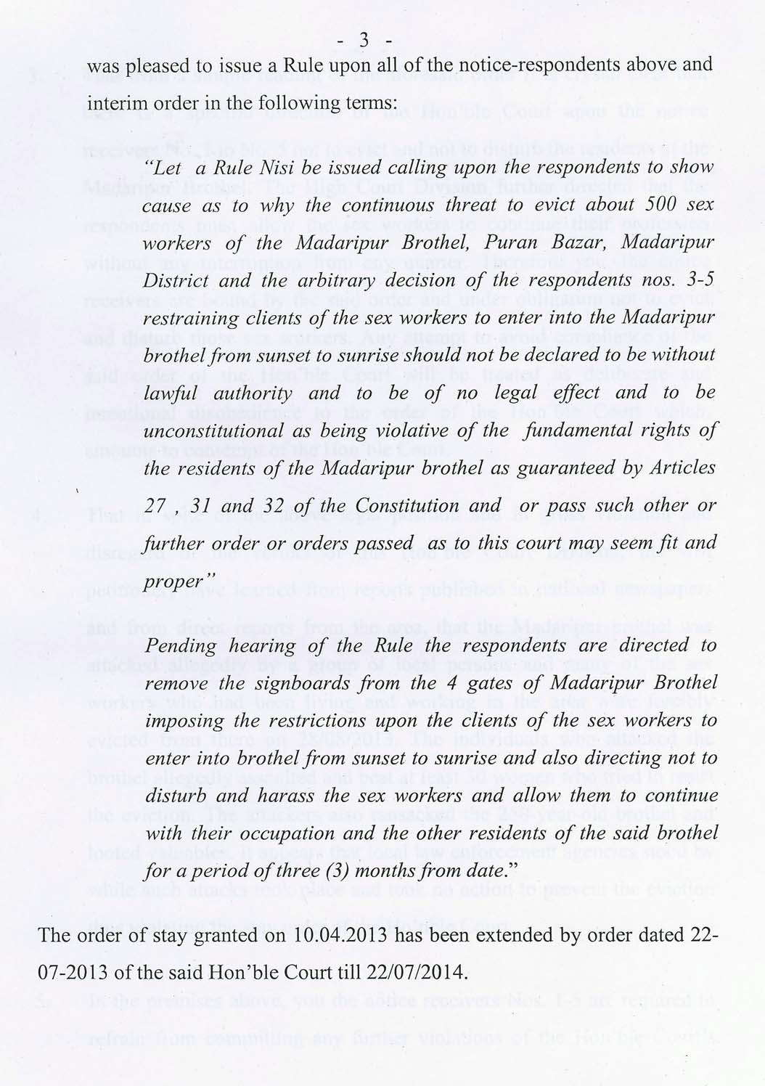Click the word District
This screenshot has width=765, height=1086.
[177, 279]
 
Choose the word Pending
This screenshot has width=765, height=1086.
[181, 646]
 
